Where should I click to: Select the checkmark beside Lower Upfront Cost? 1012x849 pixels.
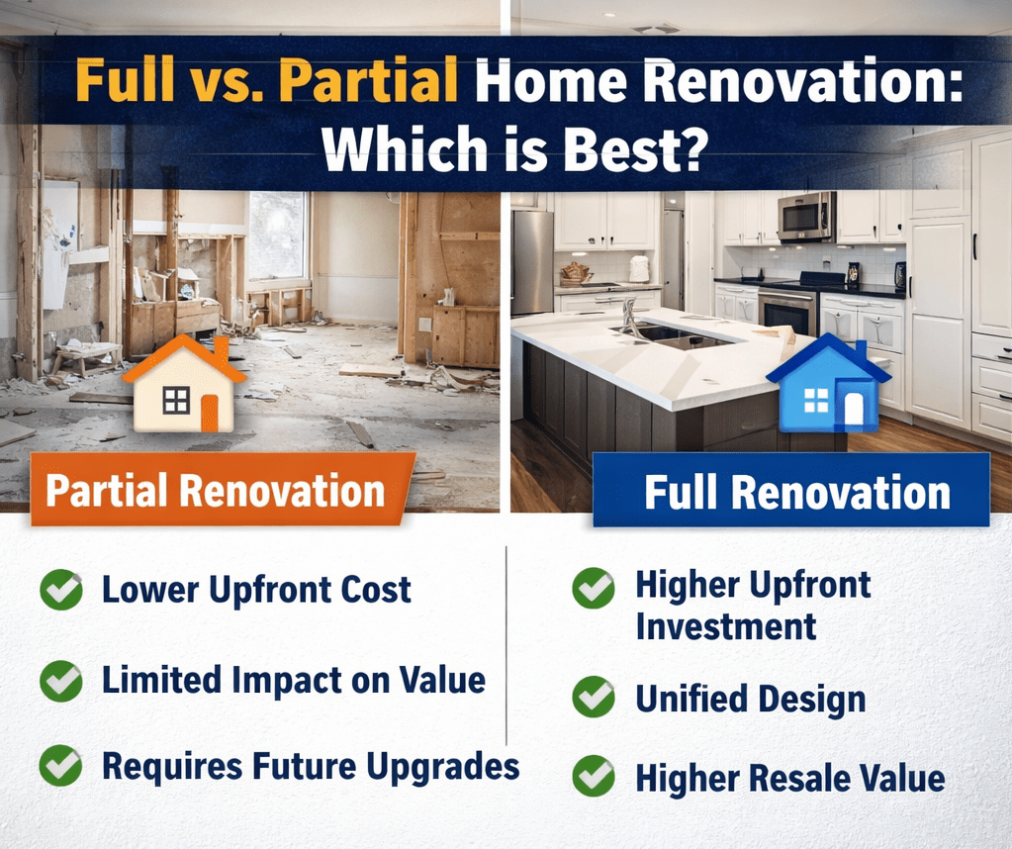click(x=61, y=591)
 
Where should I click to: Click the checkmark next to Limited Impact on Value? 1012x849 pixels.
click(x=61, y=680)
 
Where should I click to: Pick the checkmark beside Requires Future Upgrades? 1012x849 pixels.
click(x=61, y=766)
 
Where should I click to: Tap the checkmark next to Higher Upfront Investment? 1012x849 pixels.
click(x=594, y=588)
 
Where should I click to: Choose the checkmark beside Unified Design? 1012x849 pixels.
click(x=594, y=698)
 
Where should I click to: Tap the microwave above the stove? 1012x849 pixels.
click(x=805, y=217)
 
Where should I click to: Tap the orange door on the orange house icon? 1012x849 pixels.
click(x=209, y=412)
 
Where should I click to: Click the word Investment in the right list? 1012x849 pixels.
click(x=725, y=626)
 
